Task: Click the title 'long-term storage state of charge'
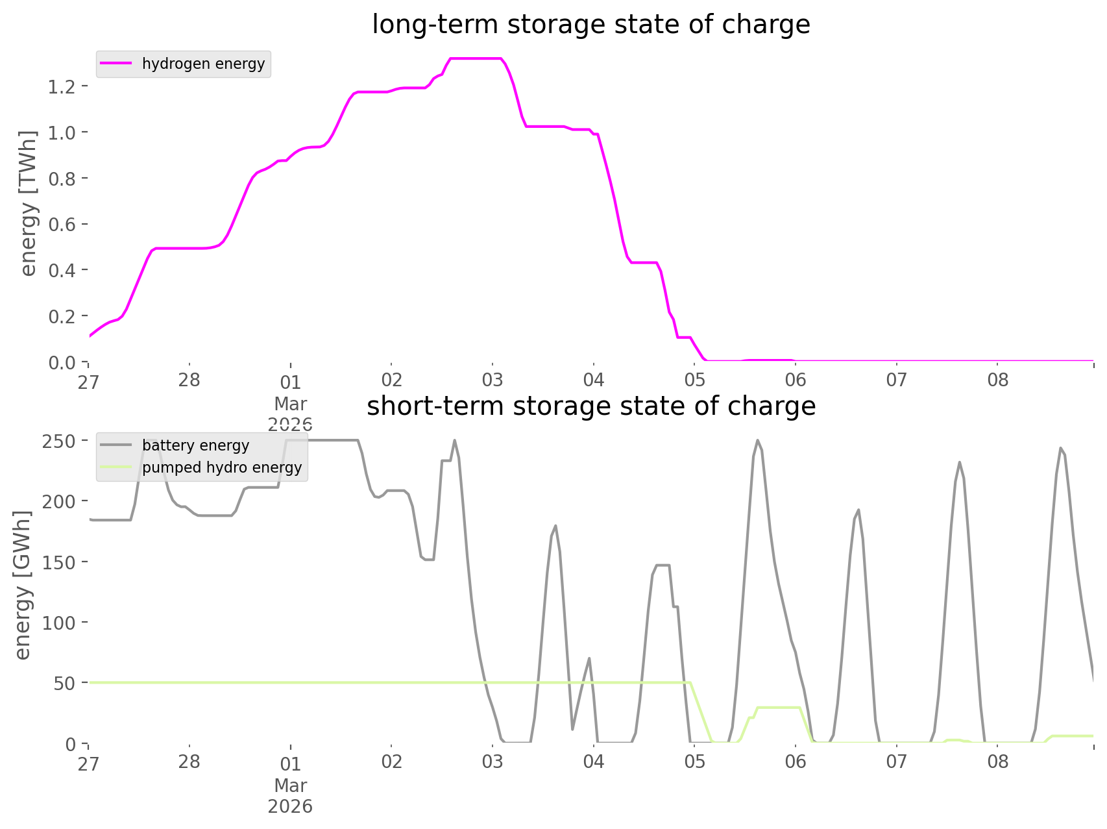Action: [x=590, y=25]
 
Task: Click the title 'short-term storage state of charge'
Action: [x=590, y=406]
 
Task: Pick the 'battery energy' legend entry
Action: [x=195, y=446]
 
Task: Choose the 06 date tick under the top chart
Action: [x=796, y=380]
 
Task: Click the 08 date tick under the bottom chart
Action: [x=998, y=762]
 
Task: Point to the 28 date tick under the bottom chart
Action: [x=189, y=762]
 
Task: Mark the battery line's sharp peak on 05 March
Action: [x=757, y=441]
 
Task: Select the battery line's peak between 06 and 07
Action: [x=858, y=510]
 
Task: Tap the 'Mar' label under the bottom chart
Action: [x=290, y=786]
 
